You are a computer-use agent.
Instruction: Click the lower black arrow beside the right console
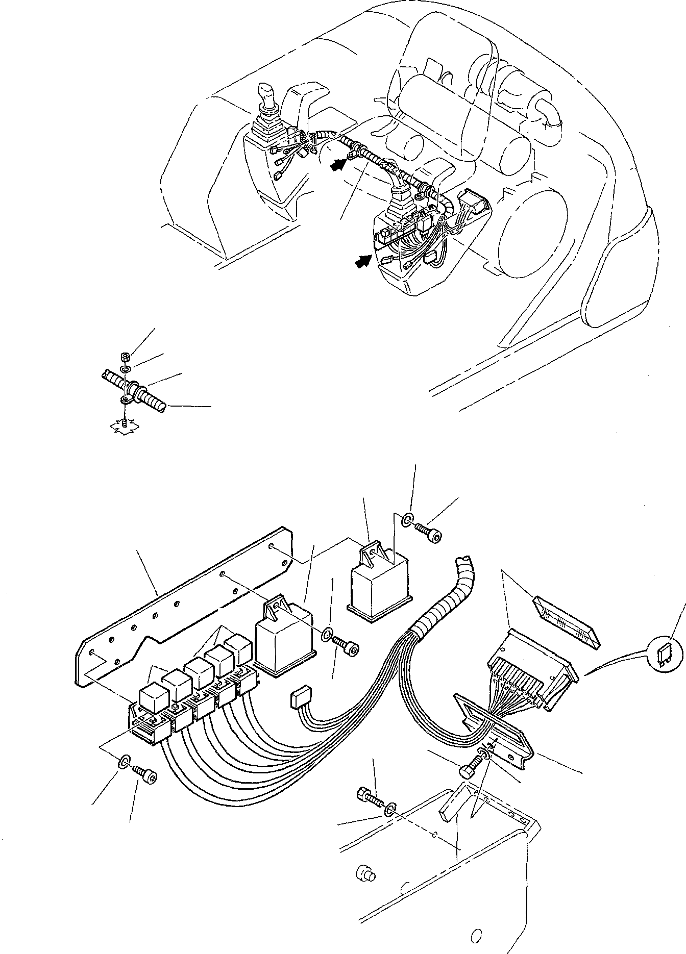pyautogui.click(x=363, y=261)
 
